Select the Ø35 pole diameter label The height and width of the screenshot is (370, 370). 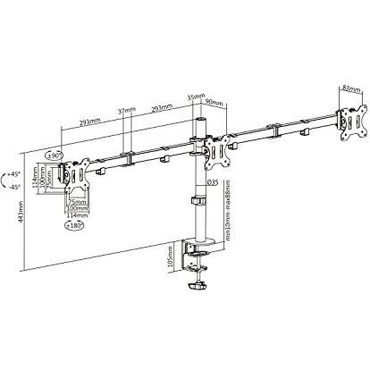[x=214, y=182]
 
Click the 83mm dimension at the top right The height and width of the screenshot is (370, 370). [x=350, y=88]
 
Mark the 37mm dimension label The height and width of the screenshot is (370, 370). [x=127, y=112]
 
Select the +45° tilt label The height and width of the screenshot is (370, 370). [x=13, y=175]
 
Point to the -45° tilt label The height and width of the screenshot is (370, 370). [x=13, y=187]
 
